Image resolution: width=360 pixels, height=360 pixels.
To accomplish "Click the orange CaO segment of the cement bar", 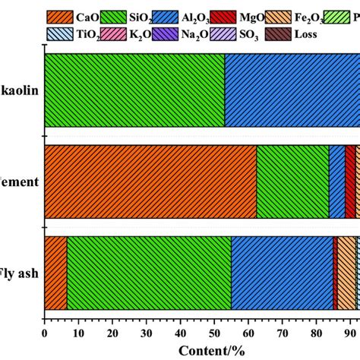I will click(150, 182).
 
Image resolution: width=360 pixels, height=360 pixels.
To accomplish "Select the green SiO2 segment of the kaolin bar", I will click(134, 90).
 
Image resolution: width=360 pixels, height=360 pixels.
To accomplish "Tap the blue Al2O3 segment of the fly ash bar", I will click(282, 273).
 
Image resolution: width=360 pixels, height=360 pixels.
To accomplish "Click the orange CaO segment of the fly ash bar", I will click(55, 273).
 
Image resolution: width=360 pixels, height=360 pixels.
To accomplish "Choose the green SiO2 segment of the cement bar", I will click(292, 182).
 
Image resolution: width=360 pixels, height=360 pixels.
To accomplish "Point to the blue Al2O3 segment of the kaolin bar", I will click(292, 90).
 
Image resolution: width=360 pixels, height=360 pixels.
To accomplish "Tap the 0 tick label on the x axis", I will click(45, 331).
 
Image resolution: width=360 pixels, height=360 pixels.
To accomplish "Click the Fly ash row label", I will click(19, 273).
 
